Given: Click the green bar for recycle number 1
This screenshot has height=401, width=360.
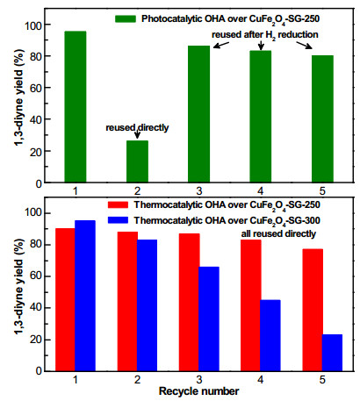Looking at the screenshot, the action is click(76, 107).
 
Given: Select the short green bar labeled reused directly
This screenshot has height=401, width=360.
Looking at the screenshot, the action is click(137, 161).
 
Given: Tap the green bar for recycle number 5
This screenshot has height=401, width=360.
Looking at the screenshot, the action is click(322, 118).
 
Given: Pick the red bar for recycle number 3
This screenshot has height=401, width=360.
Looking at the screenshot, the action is click(190, 302).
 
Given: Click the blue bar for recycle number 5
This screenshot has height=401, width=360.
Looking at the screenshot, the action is click(333, 353).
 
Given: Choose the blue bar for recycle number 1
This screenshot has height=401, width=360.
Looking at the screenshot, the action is click(85, 296).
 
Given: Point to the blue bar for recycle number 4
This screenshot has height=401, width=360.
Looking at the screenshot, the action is click(270, 335).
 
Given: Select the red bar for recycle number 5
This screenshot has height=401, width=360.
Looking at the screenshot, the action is click(313, 310).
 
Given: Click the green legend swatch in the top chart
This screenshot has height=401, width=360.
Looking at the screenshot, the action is click(126, 19).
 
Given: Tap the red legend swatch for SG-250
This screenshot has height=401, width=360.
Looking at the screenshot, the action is click(118, 204).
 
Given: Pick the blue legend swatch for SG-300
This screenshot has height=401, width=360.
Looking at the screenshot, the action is click(118, 220).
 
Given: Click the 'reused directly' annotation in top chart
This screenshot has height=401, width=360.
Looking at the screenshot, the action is click(137, 128).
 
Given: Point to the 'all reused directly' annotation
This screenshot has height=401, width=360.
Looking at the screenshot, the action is click(278, 233).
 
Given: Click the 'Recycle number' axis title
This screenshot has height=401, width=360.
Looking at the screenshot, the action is click(199, 391).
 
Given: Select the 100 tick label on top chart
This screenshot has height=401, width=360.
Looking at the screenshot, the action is click(32, 25).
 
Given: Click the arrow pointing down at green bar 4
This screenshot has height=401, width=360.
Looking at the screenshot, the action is click(261, 46).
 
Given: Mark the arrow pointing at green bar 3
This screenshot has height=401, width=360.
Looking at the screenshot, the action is click(221, 45).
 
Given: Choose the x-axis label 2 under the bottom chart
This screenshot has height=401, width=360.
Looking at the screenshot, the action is click(137, 380).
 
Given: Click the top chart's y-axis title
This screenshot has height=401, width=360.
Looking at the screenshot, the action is click(20, 97).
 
